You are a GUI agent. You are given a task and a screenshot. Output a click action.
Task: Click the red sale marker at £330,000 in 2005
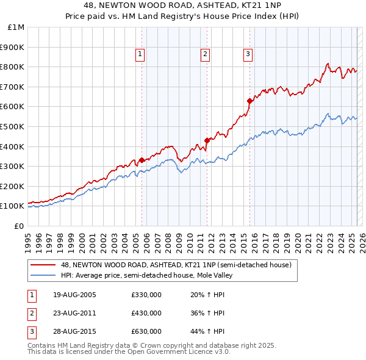pyautogui.click(x=142, y=160)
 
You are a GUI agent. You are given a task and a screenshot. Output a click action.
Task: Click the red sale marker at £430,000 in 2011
pyautogui.click(x=206, y=140)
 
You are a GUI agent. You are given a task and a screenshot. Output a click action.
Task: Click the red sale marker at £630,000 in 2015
pyautogui.click(x=249, y=101)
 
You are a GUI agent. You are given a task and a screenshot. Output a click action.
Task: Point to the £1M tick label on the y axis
pyautogui.click(x=16, y=27)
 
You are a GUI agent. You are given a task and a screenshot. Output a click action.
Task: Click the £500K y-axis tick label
pyautogui.click(x=13, y=127)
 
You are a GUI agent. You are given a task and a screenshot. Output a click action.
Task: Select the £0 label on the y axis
pyautogui.click(x=19, y=226)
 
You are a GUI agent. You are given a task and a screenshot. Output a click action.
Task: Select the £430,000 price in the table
pyautogui.click(x=146, y=313)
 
